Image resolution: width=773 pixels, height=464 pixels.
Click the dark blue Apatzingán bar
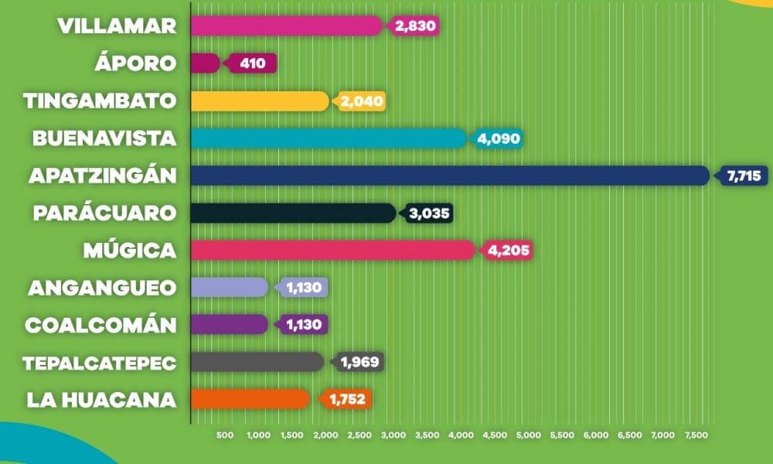(x=450, y=176)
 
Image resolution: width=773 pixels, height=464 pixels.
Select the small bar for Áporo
(x=205, y=63)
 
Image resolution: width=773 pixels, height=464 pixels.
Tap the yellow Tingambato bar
(x=260, y=101)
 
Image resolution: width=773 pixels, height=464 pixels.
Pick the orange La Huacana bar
(x=250, y=399)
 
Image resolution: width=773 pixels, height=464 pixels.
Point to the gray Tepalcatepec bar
(x=257, y=362)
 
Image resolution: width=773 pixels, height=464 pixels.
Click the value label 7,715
(x=744, y=176)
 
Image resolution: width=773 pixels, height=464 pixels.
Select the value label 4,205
(x=508, y=251)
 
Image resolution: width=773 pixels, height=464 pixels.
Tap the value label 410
(x=253, y=63)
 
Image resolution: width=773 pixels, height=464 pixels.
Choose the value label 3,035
(x=429, y=213)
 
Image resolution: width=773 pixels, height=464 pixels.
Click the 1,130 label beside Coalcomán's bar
(x=304, y=325)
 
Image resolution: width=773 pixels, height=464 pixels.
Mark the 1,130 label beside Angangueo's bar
(x=304, y=288)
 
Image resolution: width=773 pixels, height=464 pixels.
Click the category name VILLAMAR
(x=117, y=26)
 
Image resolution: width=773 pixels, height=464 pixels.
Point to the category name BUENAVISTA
(x=104, y=138)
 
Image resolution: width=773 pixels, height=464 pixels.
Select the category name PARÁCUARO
(x=104, y=213)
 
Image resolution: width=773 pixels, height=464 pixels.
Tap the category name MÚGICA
(x=130, y=250)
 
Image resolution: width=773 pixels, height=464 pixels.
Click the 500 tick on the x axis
(x=225, y=435)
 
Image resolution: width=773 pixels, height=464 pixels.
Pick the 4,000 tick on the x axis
(x=461, y=435)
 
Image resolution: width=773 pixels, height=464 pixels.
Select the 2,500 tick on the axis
(x=360, y=435)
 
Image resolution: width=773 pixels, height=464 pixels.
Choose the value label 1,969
(x=360, y=363)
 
